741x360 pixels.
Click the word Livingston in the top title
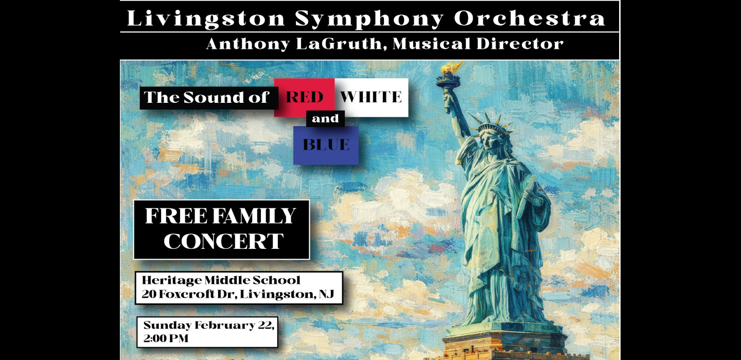click(x=206, y=19)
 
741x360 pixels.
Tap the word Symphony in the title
click(x=369, y=19)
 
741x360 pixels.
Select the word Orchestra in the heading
click(x=530, y=19)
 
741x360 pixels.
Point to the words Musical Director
click(x=478, y=44)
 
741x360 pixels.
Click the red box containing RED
click(x=304, y=97)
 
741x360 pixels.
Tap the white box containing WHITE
click(x=371, y=97)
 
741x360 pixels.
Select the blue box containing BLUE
click(x=326, y=145)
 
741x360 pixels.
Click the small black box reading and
click(x=325, y=119)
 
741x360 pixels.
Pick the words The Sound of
click(x=206, y=98)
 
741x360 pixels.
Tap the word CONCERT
click(x=223, y=242)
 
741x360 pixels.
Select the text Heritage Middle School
click(x=221, y=281)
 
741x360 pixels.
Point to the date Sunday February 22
click(x=208, y=326)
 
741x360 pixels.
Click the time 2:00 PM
click(x=166, y=339)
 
